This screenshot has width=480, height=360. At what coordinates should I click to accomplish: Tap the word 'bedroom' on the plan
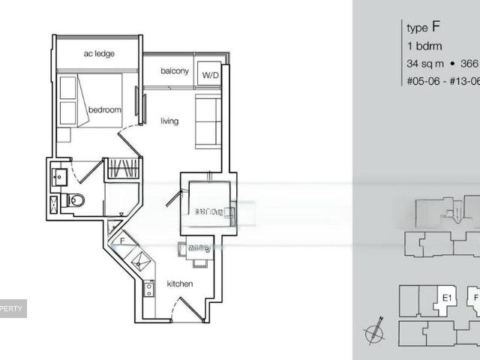(104, 110)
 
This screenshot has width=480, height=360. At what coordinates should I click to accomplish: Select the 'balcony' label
(174, 71)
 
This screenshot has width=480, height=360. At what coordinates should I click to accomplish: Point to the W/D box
(208, 75)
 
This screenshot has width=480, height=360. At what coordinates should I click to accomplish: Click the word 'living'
(169, 121)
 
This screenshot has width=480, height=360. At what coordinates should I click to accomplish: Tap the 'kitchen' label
(180, 284)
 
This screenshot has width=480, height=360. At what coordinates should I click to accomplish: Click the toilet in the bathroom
(75, 200)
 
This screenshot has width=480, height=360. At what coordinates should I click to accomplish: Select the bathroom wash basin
(59, 178)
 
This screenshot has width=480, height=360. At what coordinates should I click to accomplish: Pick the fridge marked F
(123, 241)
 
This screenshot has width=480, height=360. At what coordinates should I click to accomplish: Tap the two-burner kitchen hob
(147, 289)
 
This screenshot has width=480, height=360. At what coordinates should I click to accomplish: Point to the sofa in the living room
(207, 120)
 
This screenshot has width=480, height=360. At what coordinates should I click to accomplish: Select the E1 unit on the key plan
(447, 298)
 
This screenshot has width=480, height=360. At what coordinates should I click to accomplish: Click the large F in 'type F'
(436, 27)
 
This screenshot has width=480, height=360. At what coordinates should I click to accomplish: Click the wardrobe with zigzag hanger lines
(121, 169)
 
